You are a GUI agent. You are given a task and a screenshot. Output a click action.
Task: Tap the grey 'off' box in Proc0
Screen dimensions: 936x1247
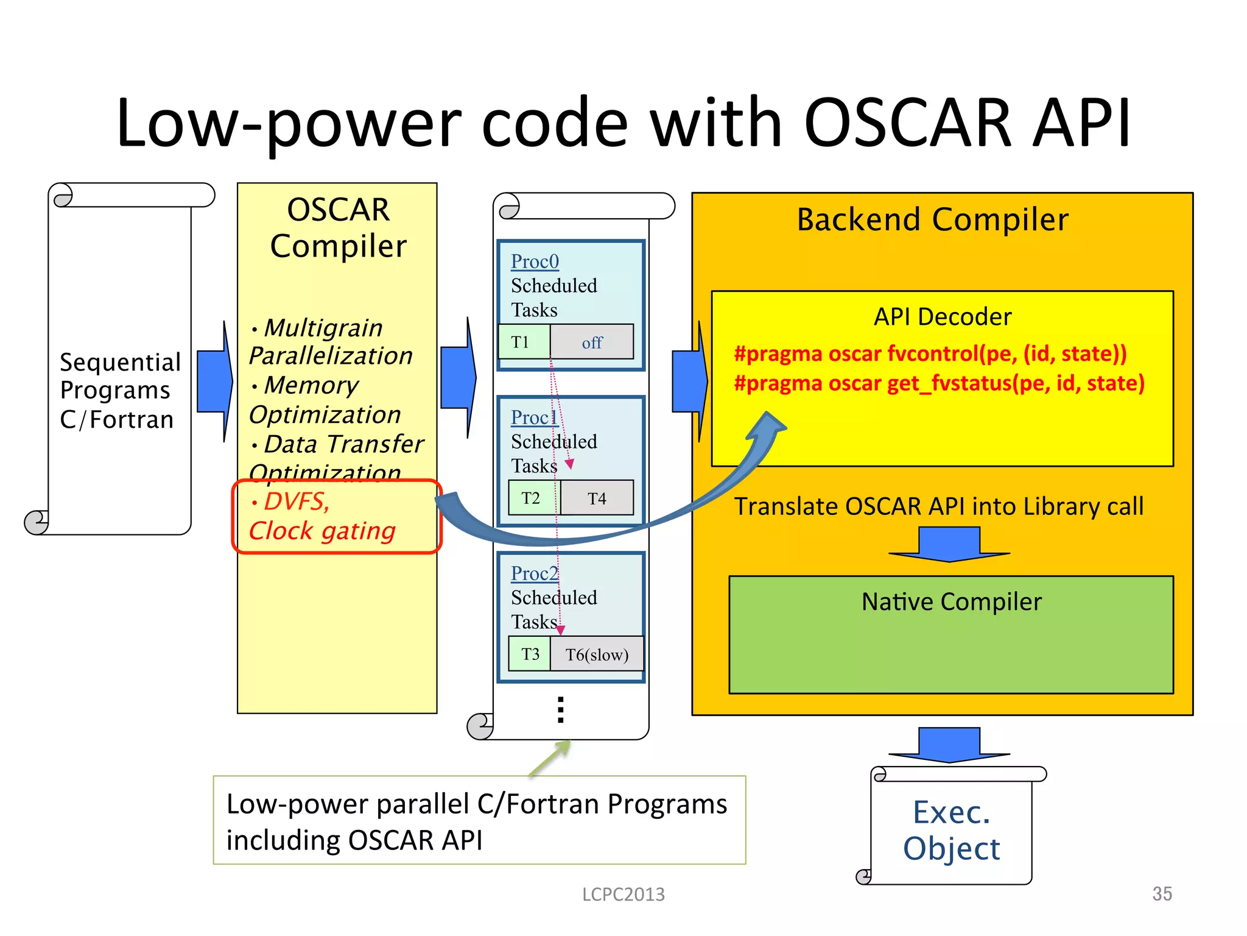coord(592,342)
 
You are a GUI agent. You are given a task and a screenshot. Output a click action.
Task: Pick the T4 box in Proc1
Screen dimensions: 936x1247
coord(597,498)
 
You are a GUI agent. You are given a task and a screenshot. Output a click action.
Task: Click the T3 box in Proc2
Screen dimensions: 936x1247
coord(530,654)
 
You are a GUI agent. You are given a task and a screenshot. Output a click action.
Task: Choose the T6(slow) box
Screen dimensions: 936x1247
coord(597,654)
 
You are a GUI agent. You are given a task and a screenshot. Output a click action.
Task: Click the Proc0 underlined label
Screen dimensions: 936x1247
coord(535,261)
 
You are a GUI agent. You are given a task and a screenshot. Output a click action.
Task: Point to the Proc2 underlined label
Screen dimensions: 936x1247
coord(535,573)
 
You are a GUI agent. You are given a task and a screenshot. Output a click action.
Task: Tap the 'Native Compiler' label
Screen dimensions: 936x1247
coord(951,602)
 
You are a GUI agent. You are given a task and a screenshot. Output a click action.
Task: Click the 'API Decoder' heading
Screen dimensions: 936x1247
coord(942,317)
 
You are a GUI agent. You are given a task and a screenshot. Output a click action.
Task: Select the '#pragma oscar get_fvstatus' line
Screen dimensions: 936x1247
coord(939,383)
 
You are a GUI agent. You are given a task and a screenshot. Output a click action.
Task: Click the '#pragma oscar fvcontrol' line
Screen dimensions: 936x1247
coord(930,353)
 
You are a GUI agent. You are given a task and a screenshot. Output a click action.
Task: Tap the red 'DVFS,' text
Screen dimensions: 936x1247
coord(297,502)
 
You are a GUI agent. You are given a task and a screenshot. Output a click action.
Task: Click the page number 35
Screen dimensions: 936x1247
coord(1162,894)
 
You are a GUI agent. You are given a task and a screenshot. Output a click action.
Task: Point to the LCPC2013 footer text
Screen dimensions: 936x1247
coord(623,894)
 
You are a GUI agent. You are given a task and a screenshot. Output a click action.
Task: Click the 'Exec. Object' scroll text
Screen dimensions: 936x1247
coord(951,830)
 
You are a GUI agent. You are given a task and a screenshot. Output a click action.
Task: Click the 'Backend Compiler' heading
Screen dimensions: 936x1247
coord(932,220)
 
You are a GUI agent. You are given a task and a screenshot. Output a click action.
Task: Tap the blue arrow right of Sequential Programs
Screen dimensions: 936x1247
coord(214,381)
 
